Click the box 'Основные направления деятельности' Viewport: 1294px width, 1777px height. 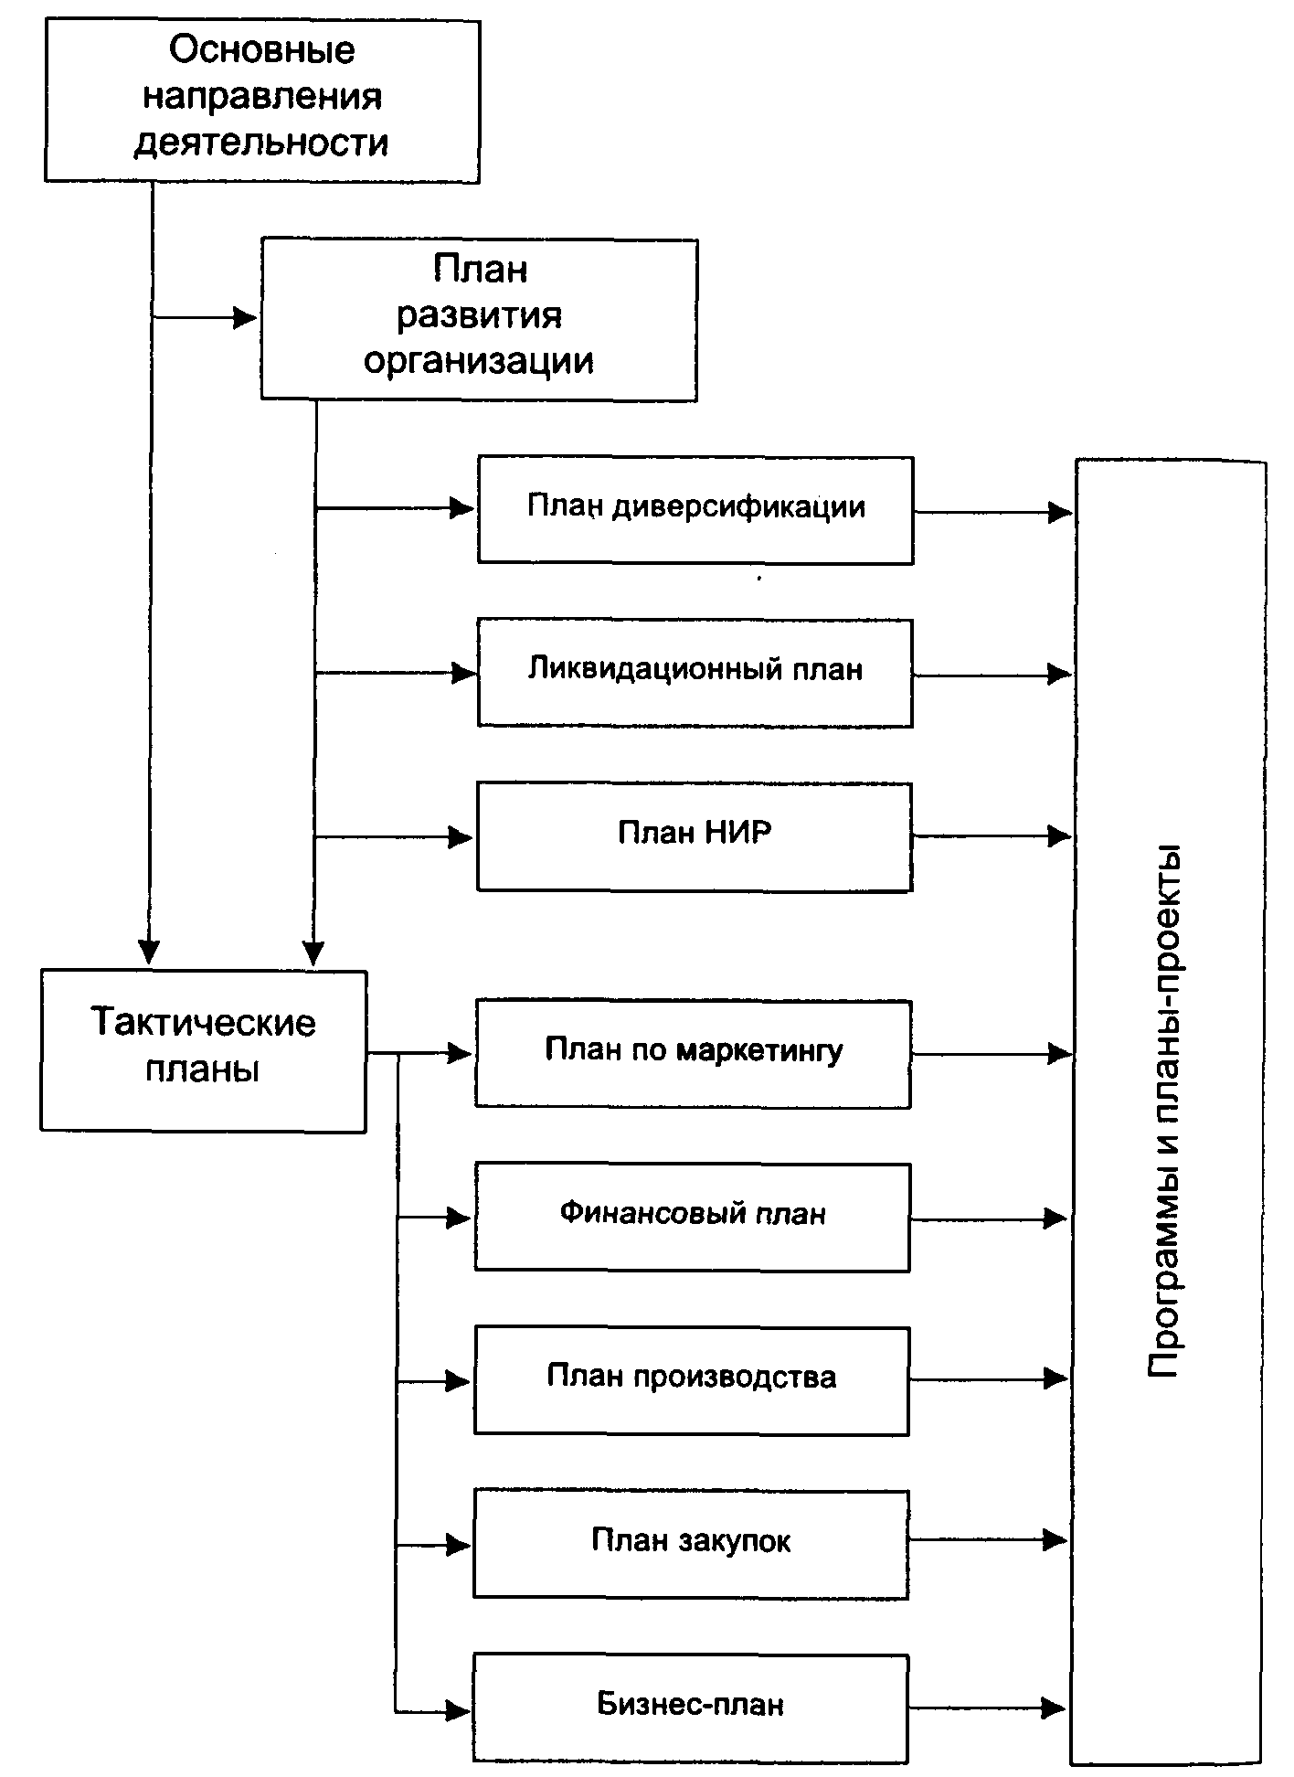(262, 101)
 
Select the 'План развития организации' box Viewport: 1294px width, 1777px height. (480, 319)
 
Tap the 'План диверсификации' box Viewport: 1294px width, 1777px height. (695, 510)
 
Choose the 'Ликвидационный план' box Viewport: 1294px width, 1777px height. (695, 673)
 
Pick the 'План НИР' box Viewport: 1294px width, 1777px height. (695, 836)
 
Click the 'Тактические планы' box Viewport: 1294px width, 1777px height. (204, 1051)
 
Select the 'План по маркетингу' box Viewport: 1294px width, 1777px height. (694, 1054)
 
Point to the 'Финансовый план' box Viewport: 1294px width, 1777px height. (693, 1217)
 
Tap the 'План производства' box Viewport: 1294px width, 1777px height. (692, 1380)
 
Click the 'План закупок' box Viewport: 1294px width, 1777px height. (691, 1544)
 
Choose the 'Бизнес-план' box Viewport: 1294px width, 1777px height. (691, 1708)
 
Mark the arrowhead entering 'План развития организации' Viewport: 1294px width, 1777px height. (245, 318)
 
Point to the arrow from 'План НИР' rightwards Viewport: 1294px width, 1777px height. (992, 835)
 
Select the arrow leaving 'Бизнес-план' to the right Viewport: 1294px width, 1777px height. (988, 1707)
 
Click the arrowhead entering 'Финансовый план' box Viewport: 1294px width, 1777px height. (459, 1218)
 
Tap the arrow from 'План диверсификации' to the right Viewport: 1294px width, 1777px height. (993, 512)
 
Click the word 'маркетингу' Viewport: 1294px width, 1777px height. (759, 1051)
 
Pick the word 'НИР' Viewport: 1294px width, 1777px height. (738, 833)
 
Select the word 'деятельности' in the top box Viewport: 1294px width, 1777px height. (262, 144)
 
